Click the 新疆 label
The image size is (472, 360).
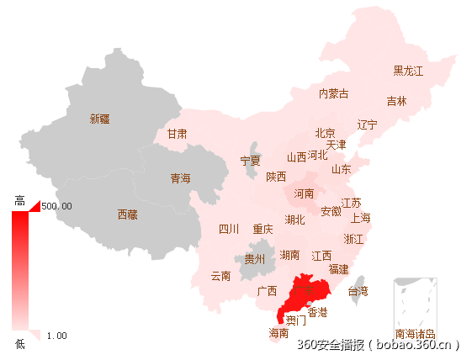[x=100, y=119]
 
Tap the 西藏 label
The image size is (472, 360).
[x=127, y=214]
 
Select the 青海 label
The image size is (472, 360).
[x=181, y=178]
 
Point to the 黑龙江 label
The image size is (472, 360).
[x=408, y=71]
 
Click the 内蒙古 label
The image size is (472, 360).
[x=333, y=93]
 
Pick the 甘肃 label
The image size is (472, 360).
[x=177, y=134]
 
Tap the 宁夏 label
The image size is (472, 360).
[x=251, y=161]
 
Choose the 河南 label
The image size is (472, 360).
[x=304, y=193]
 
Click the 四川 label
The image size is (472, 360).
[x=229, y=229]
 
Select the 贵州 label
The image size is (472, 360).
[x=254, y=259]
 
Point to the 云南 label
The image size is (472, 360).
[x=220, y=276]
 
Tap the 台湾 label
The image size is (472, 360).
[x=358, y=292]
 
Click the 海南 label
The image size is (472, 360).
[x=278, y=333]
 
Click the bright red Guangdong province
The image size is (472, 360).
[x=304, y=290]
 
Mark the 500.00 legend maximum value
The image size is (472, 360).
[x=56, y=206]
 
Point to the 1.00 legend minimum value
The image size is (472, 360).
[x=56, y=336]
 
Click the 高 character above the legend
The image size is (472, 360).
[x=20, y=200]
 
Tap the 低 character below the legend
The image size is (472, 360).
[x=20, y=343]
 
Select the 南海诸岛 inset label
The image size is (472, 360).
[x=416, y=333]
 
